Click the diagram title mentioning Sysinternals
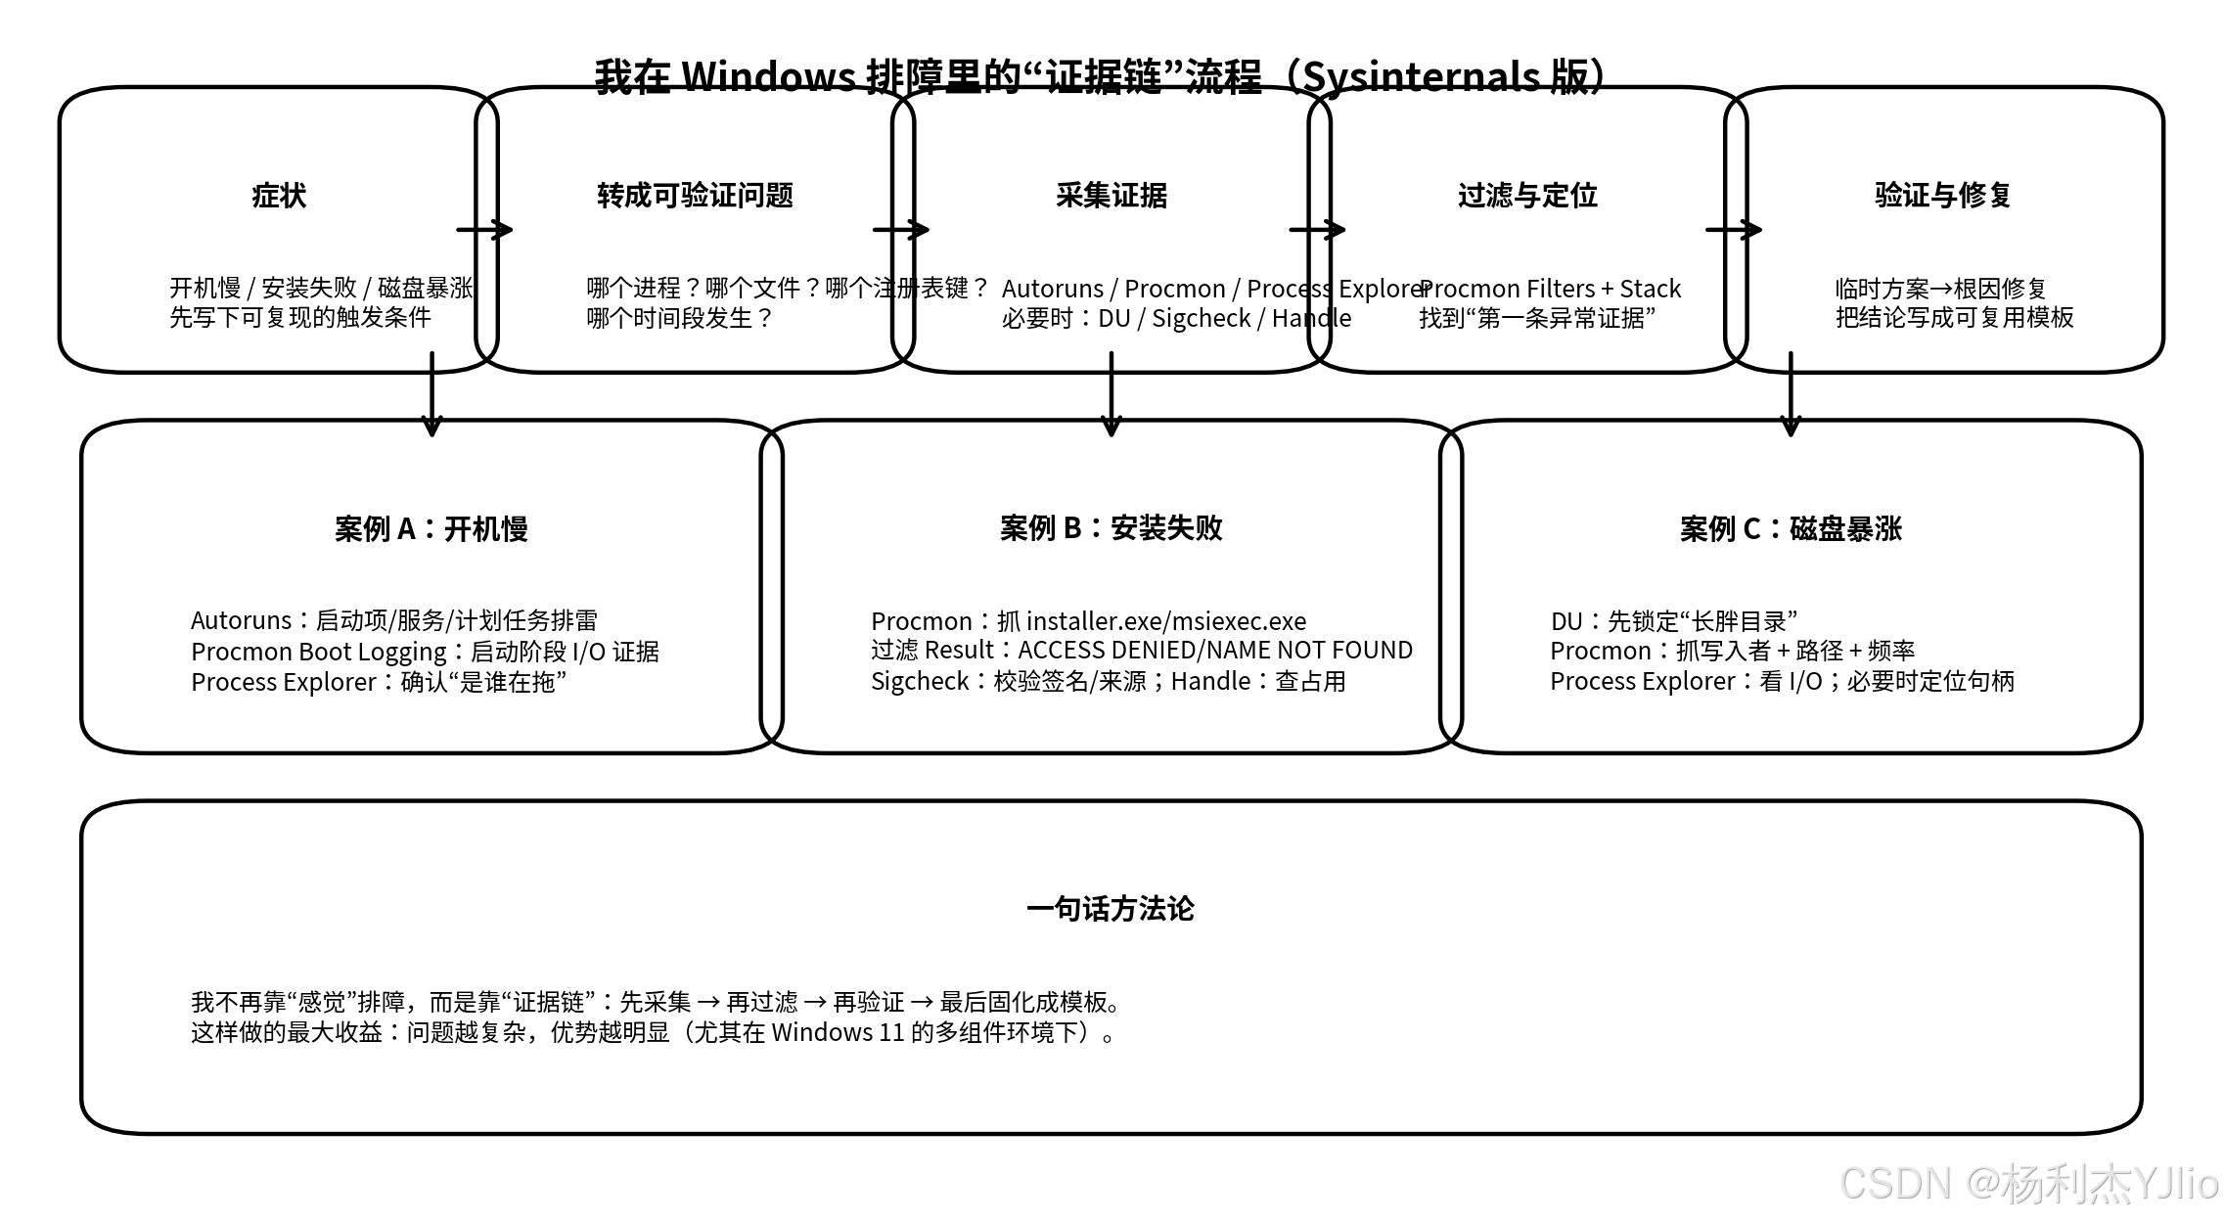click(1100, 76)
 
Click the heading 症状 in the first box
click(279, 196)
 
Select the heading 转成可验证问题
click(695, 196)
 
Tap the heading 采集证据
click(1111, 196)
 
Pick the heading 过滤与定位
click(1527, 196)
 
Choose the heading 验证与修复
click(1943, 196)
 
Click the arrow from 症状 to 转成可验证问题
click(485, 230)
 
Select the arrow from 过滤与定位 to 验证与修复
click(1734, 230)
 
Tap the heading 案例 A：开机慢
click(431, 529)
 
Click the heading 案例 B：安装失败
click(1111, 528)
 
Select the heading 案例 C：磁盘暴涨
click(1791, 529)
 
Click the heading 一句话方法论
click(1111, 909)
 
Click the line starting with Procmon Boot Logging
click(425, 652)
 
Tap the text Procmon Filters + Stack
click(1550, 289)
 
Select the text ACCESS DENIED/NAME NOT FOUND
click(1215, 651)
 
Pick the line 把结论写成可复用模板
click(1954, 318)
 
